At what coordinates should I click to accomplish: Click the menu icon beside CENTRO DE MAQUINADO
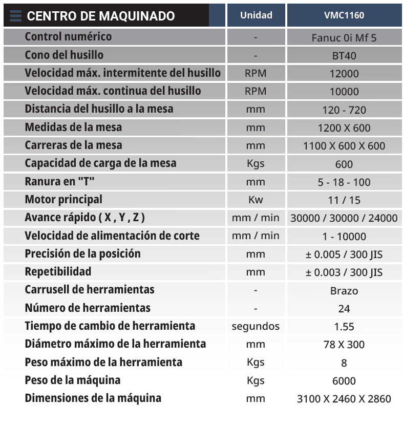pyautogui.click(x=15, y=16)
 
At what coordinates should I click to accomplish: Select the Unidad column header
pyautogui.click(x=256, y=15)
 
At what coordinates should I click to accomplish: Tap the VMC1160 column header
pyautogui.click(x=344, y=15)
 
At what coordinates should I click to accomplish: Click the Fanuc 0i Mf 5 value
pyautogui.click(x=344, y=37)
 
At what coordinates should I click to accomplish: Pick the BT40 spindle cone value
pyautogui.click(x=344, y=56)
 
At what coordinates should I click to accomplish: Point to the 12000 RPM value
pyautogui.click(x=344, y=74)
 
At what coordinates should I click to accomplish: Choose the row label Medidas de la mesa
pyautogui.click(x=73, y=127)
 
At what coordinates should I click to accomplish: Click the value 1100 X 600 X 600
pyautogui.click(x=344, y=146)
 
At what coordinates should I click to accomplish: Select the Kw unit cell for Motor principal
pyautogui.click(x=256, y=200)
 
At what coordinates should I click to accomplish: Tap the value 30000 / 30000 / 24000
pyautogui.click(x=344, y=218)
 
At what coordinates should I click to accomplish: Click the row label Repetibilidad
pyautogui.click(x=58, y=271)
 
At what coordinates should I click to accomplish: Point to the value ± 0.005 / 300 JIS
pyautogui.click(x=344, y=254)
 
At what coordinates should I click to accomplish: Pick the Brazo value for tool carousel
pyautogui.click(x=344, y=291)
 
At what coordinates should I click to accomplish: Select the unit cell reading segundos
pyautogui.click(x=256, y=326)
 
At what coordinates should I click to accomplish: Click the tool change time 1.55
pyautogui.click(x=344, y=327)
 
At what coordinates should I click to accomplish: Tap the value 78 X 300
pyautogui.click(x=344, y=345)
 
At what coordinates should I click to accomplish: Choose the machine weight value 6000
pyautogui.click(x=344, y=381)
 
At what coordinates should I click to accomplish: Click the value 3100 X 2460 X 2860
pyautogui.click(x=344, y=399)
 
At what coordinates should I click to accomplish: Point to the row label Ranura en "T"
pyautogui.click(x=60, y=181)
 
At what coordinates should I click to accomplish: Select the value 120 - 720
pyautogui.click(x=344, y=110)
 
